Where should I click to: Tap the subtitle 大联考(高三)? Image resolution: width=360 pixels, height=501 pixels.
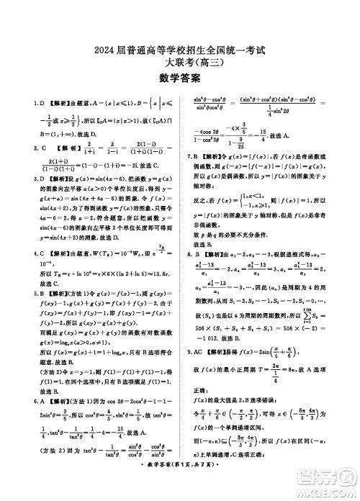[x=180, y=64]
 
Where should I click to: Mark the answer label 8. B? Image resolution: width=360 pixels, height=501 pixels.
[x=195, y=254]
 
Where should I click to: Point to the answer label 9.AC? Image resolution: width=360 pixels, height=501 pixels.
[x=197, y=353]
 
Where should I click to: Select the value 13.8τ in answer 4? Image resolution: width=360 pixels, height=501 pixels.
[x=161, y=274]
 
